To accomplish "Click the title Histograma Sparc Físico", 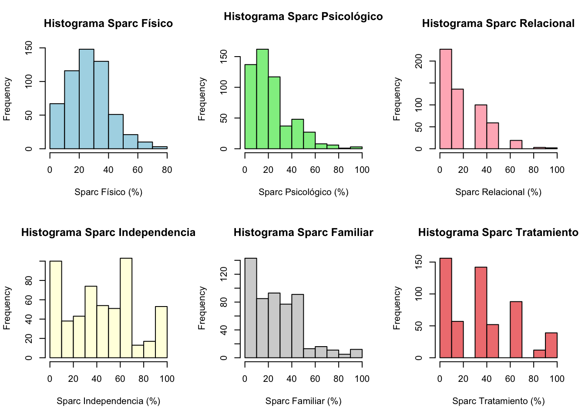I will (x=108, y=24).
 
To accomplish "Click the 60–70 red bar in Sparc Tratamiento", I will (x=516, y=330).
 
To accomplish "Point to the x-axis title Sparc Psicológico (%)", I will (x=303, y=192).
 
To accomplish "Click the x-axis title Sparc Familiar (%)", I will (x=303, y=401).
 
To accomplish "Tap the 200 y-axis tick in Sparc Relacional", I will (x=419, y=61).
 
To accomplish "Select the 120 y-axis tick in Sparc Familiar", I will (x=224, y=274).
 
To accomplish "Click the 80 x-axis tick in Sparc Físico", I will (x=167, y=170).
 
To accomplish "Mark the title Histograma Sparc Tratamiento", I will (x=498, y=233).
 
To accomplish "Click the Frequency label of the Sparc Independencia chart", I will (x=7, y=308).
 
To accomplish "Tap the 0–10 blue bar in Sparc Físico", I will (x=57, y=126).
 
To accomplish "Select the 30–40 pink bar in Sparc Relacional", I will (x=481, y=127).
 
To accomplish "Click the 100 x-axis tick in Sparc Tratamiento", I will (x=557, y=379).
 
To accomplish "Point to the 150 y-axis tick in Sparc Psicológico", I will (x=224, y=57).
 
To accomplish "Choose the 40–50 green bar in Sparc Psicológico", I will (x=297, y=134).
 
